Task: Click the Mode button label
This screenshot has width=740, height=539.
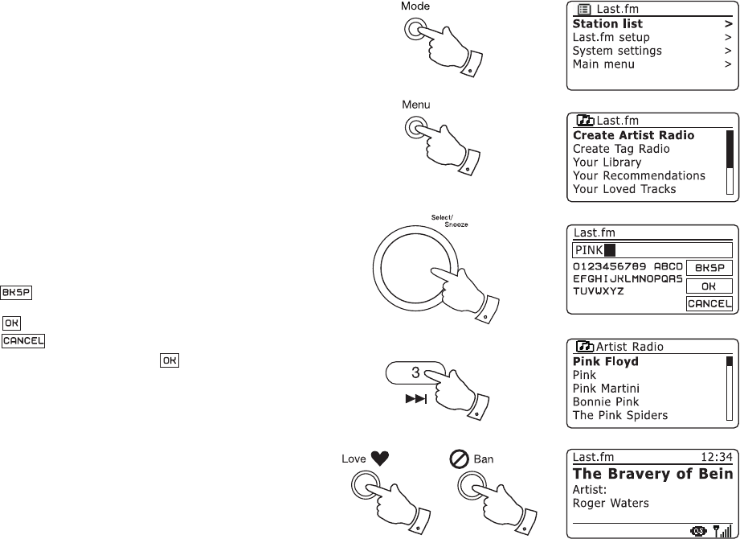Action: pos(415,6)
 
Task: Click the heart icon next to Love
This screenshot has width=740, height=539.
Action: pos(381,460)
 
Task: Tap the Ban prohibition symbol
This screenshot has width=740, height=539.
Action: pos(460,460)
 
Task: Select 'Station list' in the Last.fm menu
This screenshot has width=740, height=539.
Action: pos(607,24)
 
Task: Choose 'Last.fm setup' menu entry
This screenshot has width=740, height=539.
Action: pos(611,38)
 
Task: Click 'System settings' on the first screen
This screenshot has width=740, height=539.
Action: pos(617,51)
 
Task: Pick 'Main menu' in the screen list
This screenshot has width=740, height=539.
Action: pos(603,64)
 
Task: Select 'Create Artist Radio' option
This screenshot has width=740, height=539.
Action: pos(633,136)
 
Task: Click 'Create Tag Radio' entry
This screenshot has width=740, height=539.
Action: pos(621,149)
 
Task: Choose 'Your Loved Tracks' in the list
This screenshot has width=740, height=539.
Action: pos(624,189)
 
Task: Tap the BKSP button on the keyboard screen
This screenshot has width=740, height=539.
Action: pos(708,268)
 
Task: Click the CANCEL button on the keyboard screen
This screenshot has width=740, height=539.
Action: pos(708,303)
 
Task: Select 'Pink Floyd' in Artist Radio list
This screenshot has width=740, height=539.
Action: pos(605,362)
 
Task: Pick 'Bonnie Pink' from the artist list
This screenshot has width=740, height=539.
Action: pos(605,402)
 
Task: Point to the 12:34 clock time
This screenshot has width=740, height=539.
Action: pos(716,458)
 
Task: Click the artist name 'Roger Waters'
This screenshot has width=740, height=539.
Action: pos(611,504)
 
